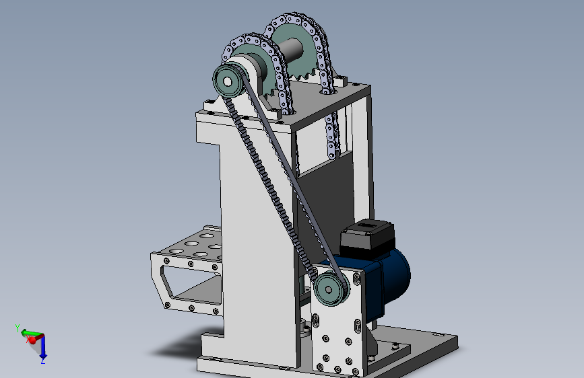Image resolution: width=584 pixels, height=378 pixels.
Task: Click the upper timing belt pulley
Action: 228,81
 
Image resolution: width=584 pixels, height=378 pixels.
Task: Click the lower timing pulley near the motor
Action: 330,289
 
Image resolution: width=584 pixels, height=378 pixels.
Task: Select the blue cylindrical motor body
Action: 387,279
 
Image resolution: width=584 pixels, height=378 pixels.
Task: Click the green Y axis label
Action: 18,328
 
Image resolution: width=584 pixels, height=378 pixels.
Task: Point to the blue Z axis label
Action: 43,361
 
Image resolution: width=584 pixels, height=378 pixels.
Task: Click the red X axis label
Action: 28,339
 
